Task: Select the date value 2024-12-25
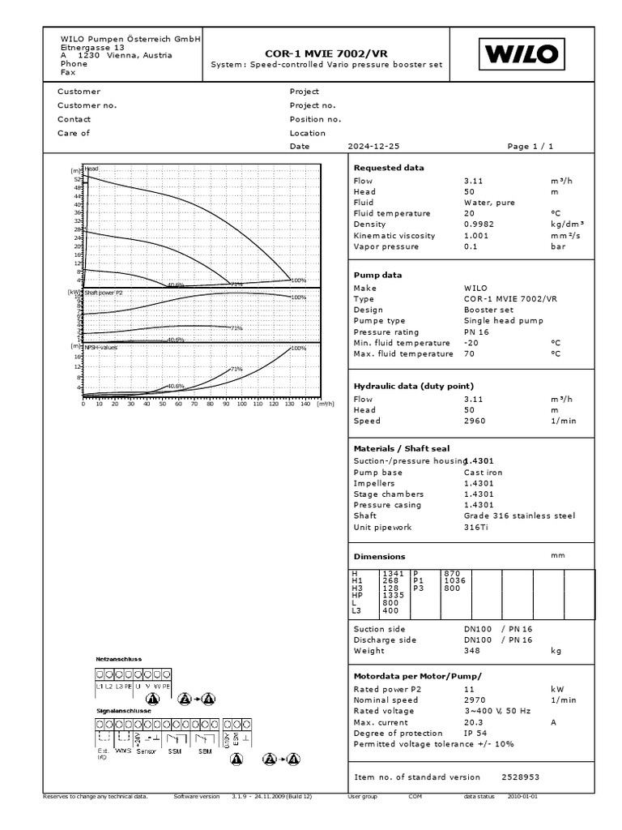click(x=373, y=147)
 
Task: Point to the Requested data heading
click(x=389, y=168)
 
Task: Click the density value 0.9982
click(x=479, y=225)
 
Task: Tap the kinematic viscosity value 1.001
click(x=477, y=236)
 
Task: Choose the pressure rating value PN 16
click(x=476, y=332)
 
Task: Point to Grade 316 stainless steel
click(x=519, y=516)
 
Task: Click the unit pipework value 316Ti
click(x=476, y=527)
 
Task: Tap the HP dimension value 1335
click(x=392, y=595)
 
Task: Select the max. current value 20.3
click(x=474, y=722)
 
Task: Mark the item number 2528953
click(x=521, y=777)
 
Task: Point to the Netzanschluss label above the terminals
click(x=119, y=659)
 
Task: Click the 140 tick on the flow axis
click(x=305, y=403)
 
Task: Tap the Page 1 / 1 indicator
click(x=530, y=147)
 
